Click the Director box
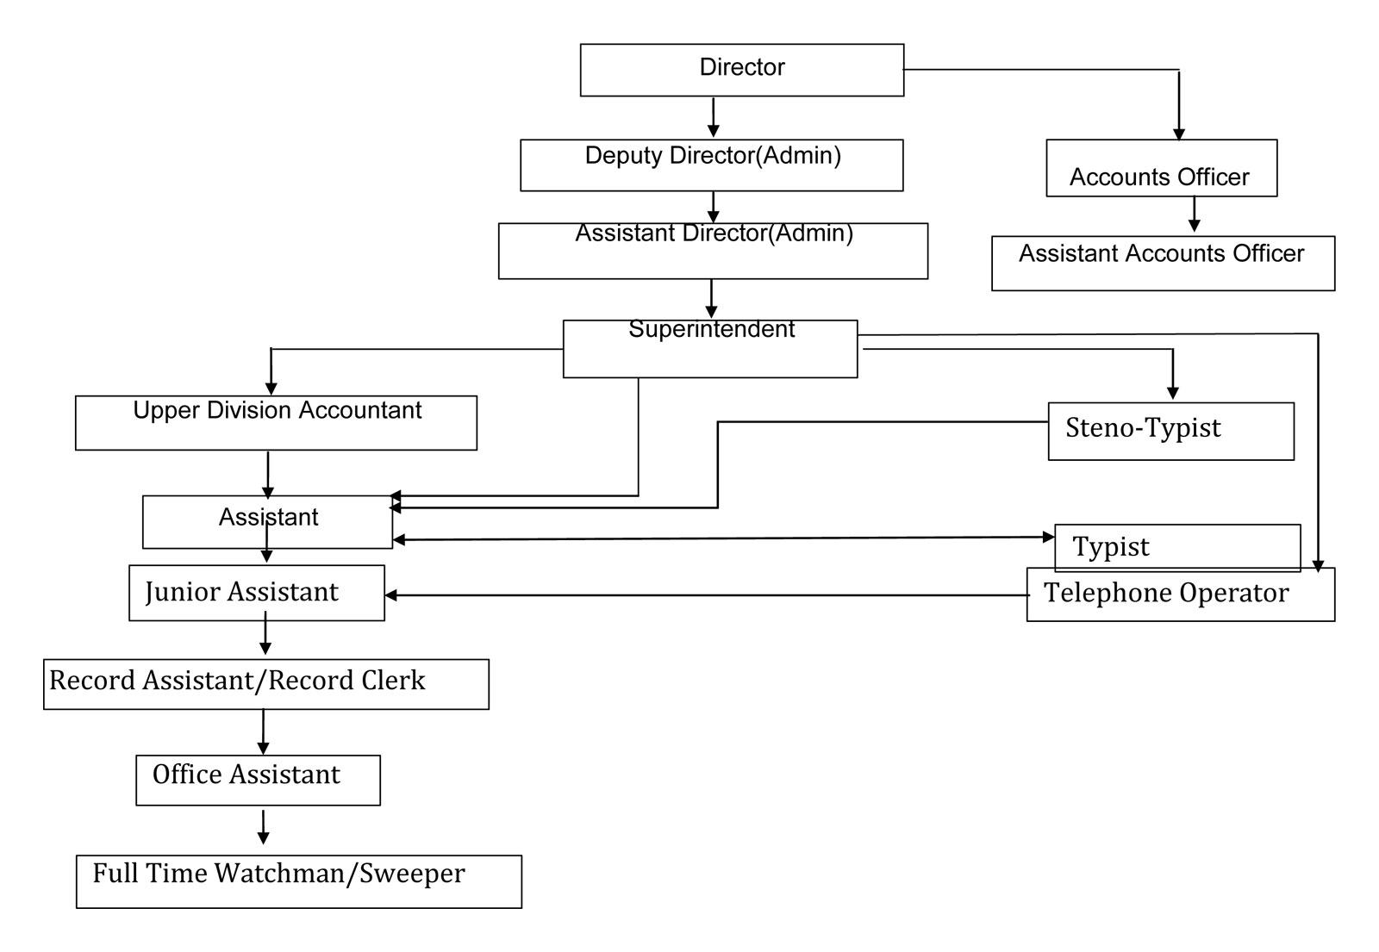pyautogui.click(x=742, y=70)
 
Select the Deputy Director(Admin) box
pyautogui.click(x=712, y=165)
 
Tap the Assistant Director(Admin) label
pyautogui.click(x=714, y=233)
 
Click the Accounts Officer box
pyautogui.click(x=1162, y=168)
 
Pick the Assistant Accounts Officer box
pyautogui.click(x=1163, y=264)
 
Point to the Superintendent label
pyautogui.click(x=712, y=329)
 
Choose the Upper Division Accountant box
pyautogui.click(x=276, y=423)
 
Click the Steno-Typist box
pyautogui.click(x=1171, y=432)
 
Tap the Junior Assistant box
pyautogui.click(x=257, y=594)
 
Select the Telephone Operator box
pyautogui.click(x=1181, y=594)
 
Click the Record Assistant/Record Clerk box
pyautogui.click(x=266, y=684)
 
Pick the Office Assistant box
pyautogui.click(x=258, y=781)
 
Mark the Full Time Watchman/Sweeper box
pyautogui.click(x=298, y=881)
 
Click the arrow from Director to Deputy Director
pyautogui.click(x=713, y=117)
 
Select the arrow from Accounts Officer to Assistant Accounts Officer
pyautogui.click(x=1194, y=215)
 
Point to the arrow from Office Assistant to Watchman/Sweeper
pyautogui.click(x=263, y=827)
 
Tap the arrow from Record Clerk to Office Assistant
pyautogui.click(x=263, y=732)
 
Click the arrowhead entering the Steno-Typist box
pyautogui.click(x=1172, y=393)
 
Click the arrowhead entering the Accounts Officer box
pyautogui.click(x=1178, y=134)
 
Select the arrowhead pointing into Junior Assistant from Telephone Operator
pyautogui.click(x=391, y=595)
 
